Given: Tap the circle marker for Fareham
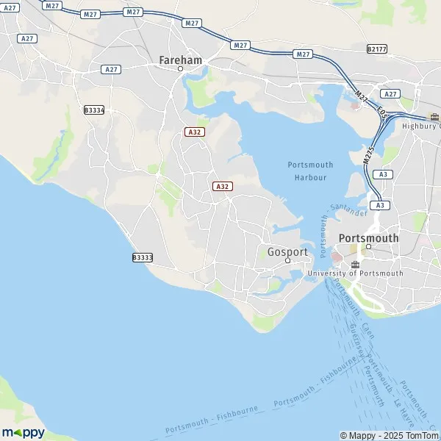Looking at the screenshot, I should [180, 69].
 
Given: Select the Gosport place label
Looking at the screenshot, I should [287, 251].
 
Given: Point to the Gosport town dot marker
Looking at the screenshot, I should [287, 260].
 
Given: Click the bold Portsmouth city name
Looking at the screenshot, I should [369, 238].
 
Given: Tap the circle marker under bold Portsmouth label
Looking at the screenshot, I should [369, 247].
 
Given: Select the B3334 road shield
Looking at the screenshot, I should [94, 110].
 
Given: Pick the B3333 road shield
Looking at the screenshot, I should [143, 257].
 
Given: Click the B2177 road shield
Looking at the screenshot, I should [376, 49].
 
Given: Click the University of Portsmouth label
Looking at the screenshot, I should [355, 273].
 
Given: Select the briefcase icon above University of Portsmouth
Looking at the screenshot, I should [355, 264].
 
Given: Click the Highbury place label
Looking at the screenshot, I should [422, 126].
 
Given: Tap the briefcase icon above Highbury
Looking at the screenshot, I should [434, 116].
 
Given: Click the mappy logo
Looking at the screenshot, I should [23, 432].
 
